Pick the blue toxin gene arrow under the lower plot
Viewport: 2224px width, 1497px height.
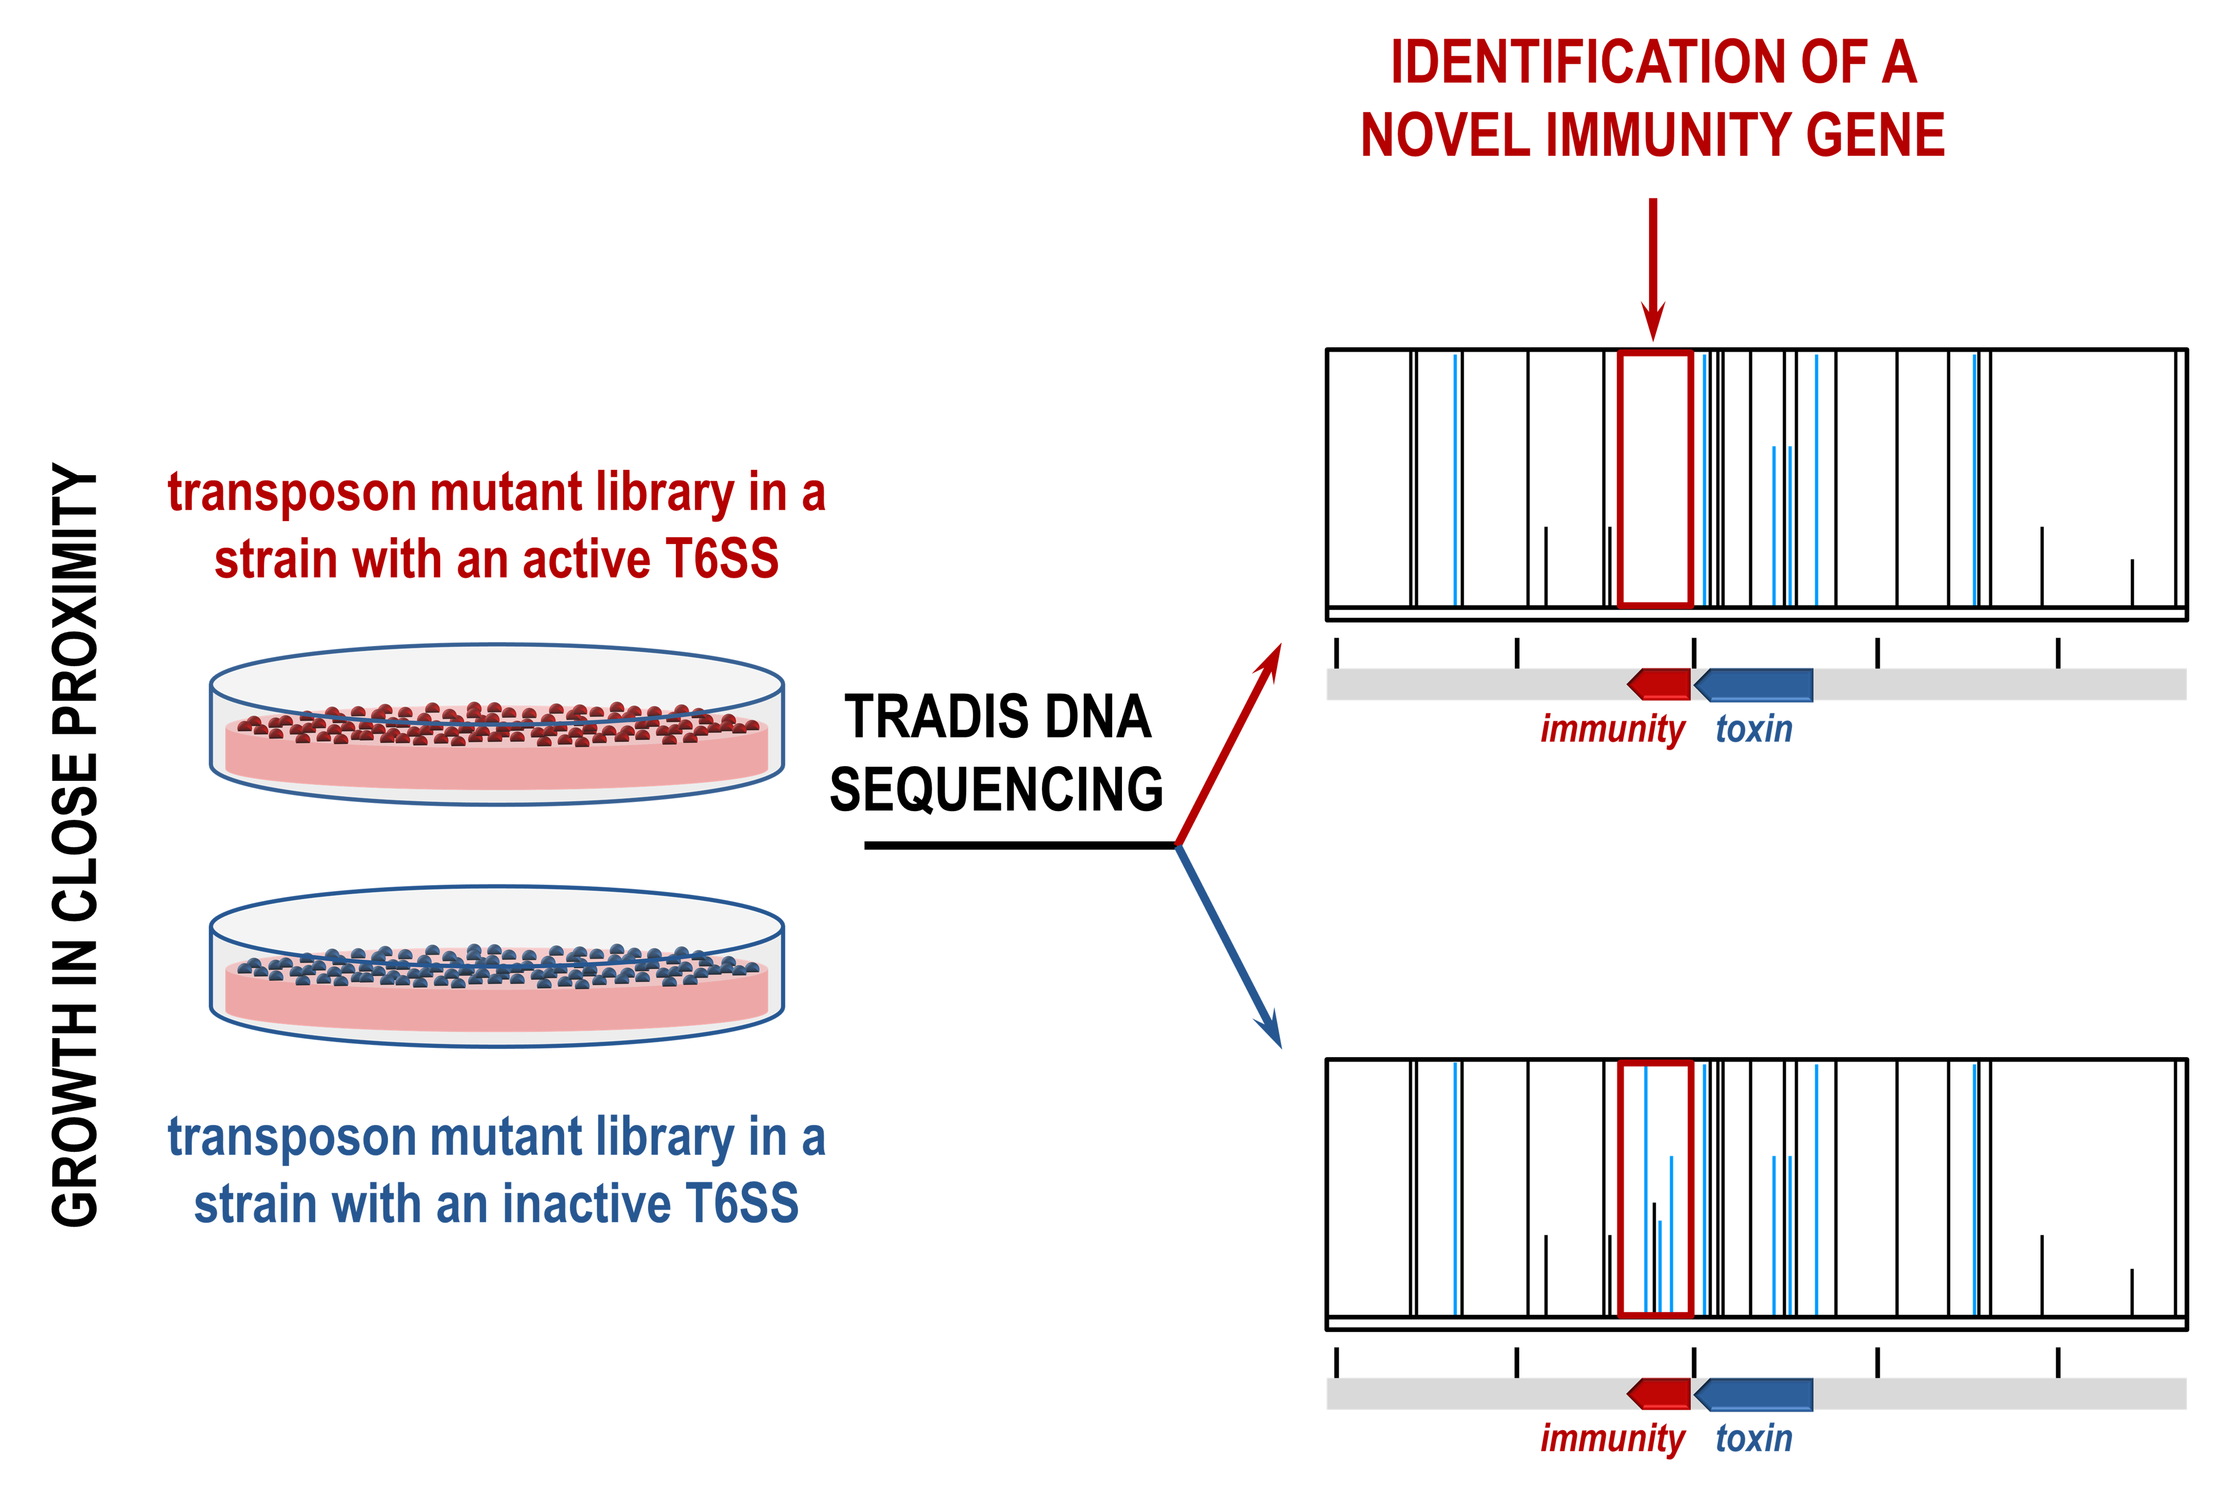click(x=1754, y=1394)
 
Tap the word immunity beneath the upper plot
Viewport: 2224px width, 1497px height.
click(x=1612, y=729)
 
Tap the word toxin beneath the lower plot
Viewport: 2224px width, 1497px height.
click(x=1753, y=1439)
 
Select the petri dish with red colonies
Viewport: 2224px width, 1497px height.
click(x=496, y=726)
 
